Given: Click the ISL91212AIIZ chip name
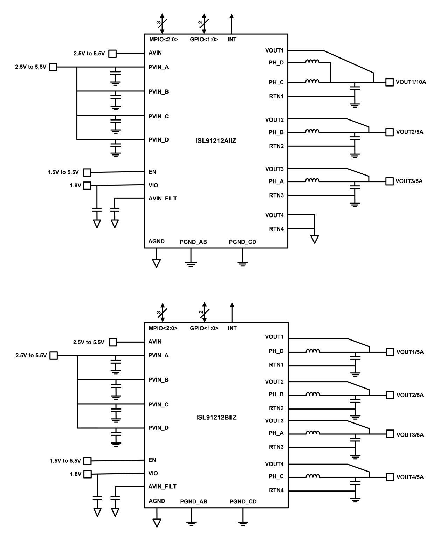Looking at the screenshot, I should pyautogui.click(x=216, y=141).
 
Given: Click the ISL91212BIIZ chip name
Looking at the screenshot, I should pyautogui.click(x=216, y=418).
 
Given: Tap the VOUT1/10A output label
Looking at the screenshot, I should pyautogui.click(x=411, y=82).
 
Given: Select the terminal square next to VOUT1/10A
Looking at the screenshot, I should pyautogui.click(x=389, y=82).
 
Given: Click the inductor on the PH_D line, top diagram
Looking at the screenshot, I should pyautogui.click(x=312, y=62).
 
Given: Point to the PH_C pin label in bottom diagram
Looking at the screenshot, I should pyautogui.click(x=276, y=476).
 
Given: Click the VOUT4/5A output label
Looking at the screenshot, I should pyautogui.click(x=410, y=477).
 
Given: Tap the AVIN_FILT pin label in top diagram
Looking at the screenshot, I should pyautogui.click(x=163, y=199).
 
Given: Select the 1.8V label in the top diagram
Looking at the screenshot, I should pyautogui.click(x=75, y=186).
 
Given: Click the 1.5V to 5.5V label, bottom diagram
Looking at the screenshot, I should pyautogui.click(x=65, y=461).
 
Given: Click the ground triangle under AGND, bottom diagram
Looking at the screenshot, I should pyautogui.click(x=157, y=523).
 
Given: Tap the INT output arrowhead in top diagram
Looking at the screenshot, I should pyautogui.click(x=232, y=16).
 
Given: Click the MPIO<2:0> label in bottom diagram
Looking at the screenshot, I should pyautogui.click(x=163, y=328).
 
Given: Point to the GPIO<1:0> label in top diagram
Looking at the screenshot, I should pyautogui.click(x=204, y=40).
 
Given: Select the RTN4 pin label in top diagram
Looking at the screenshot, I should pyautogui.click(x=276, y=229).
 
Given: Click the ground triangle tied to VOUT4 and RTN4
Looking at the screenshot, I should pyautogui.click(x=315, y=239).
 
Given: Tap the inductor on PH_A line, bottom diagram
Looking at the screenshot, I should pyautogui.click(x=312, y=433).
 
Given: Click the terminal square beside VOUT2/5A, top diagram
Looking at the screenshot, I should pyautogui.click(x=389, y=132).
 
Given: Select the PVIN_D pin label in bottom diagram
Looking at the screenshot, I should pyautogui.click(x=158, y=428).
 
